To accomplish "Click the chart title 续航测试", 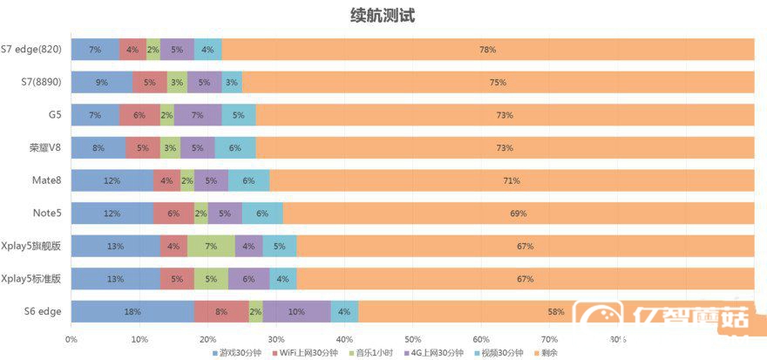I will (384, 15).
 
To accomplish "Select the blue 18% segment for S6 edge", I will (132, 311).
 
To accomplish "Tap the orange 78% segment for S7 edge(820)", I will (487, 50).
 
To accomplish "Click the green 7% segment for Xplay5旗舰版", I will (211, 246).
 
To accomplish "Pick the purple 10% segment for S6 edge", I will (296, 311).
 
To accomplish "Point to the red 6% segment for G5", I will (139, 115).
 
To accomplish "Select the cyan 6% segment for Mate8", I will (248, 180).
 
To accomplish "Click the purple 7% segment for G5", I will (197, 115).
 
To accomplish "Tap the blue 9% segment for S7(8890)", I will (102, 83).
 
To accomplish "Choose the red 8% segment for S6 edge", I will (221, 311).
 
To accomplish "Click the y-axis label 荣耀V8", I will (44, 147).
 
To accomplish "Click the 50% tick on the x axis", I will (412, 339).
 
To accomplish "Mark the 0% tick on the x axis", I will (71, 339).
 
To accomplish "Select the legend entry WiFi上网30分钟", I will (304, 353).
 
